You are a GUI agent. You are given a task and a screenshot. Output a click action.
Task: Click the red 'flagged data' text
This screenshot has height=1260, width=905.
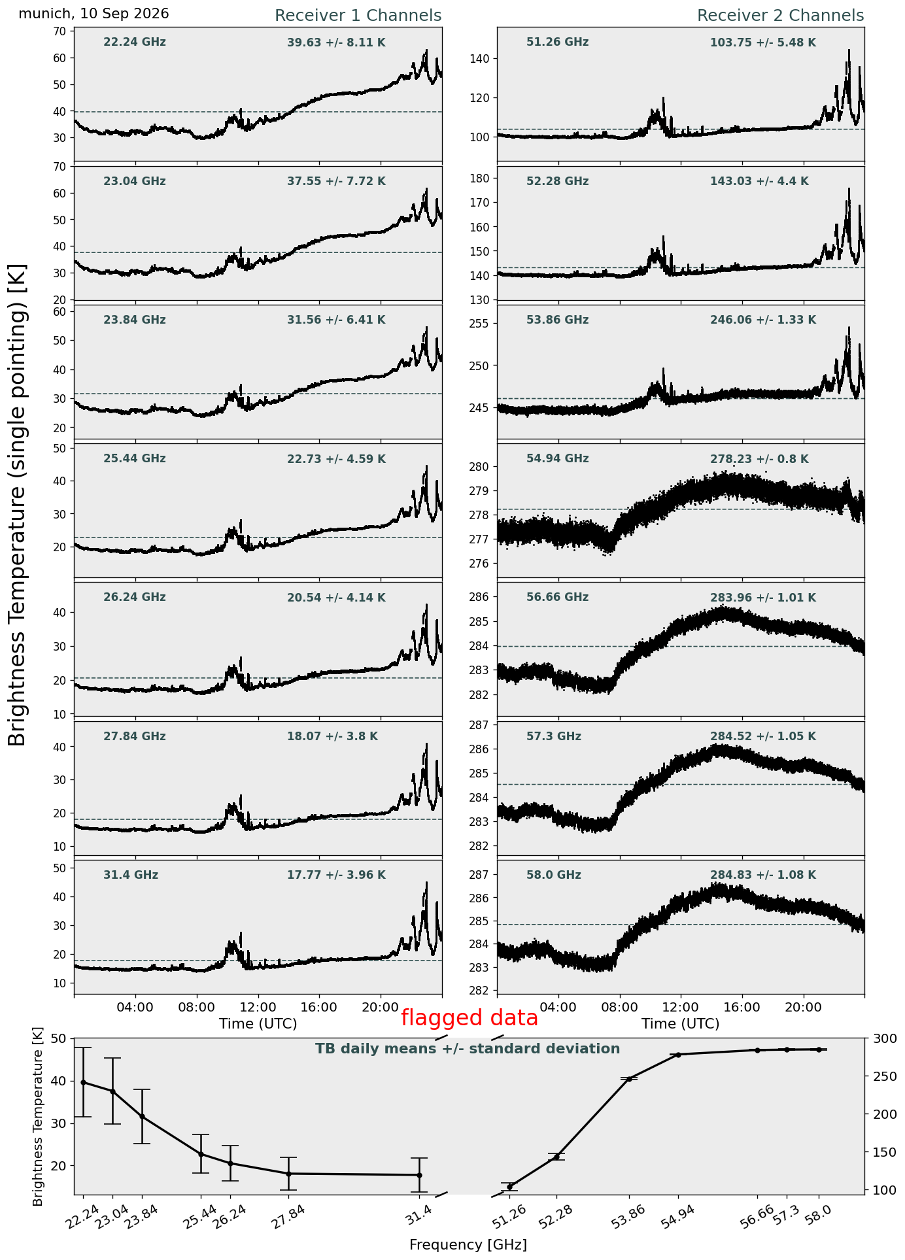coord(469,1018)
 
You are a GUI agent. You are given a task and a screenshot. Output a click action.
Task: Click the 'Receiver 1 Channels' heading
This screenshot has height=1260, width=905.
coord(358,16)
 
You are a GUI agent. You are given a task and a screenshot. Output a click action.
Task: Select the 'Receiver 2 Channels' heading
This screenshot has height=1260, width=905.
coord(780,16)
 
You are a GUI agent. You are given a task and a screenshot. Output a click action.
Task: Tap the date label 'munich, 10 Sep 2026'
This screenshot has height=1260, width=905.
coord(94,14)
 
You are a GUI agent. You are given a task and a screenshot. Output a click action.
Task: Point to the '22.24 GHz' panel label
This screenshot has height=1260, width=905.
coord(135,43)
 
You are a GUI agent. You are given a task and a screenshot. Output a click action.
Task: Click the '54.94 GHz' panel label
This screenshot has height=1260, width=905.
coord(557,459)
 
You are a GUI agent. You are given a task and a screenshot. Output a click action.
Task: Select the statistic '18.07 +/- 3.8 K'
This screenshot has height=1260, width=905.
coord(332,737)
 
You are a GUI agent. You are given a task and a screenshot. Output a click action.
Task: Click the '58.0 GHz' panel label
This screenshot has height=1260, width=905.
coord(553,876)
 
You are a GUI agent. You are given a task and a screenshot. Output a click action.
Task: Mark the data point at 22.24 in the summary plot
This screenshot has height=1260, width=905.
coord(83,1082)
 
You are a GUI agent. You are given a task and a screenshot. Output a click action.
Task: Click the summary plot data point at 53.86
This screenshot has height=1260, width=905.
coord(629,1078)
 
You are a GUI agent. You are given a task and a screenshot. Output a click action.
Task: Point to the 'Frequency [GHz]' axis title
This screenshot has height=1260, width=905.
coord(468,1245)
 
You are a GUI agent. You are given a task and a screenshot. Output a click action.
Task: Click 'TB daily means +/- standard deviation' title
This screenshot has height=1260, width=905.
coord(468,1049)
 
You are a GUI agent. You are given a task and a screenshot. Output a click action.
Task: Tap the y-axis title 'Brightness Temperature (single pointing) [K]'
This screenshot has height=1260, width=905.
coord(18,505)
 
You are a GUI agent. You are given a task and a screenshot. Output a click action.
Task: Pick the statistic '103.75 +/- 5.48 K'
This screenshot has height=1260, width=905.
coord(763,43)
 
